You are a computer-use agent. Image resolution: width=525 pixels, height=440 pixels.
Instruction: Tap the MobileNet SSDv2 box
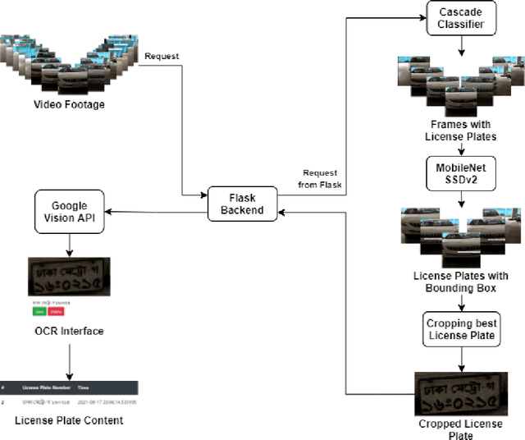[x=460, y=174]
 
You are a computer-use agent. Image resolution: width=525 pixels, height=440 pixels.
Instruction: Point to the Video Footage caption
[x=69, y=104]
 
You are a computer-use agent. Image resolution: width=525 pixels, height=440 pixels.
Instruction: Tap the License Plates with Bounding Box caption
[x=460, y=282]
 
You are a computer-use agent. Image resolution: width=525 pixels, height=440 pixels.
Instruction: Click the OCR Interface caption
[x=69, y=331]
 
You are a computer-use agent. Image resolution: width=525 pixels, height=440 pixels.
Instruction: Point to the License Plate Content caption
[x=69, y=420]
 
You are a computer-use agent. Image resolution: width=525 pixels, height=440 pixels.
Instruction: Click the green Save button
[x=39, y=311]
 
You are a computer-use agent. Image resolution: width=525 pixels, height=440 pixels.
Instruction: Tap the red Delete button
[x=56, y=311]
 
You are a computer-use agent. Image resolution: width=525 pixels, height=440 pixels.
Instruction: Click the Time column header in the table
[x=84, y=386]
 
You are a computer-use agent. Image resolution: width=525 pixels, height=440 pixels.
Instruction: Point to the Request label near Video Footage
[x=161, y=57]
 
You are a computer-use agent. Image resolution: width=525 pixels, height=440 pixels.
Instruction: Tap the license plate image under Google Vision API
[x=69, y=273]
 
